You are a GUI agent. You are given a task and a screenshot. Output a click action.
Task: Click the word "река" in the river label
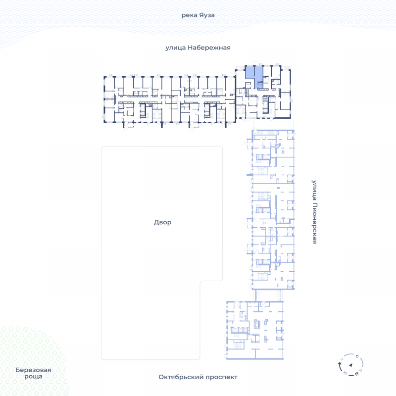point(189,16)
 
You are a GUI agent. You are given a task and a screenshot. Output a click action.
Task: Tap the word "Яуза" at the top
point(206,15)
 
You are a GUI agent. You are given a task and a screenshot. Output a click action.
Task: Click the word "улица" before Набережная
point(176,48)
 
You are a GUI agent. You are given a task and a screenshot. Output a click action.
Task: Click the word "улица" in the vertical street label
point(314,190)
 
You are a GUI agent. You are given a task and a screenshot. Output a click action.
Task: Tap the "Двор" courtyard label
point(163,222)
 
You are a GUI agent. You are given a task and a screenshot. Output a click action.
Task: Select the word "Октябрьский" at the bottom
point(181,377)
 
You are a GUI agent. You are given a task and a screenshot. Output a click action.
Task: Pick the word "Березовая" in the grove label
point(33,370)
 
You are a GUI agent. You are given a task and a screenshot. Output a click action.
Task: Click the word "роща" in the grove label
point(33,377)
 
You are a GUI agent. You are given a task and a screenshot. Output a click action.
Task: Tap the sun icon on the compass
point(357,374)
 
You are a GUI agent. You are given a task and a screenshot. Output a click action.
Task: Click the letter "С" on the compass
point(357,356)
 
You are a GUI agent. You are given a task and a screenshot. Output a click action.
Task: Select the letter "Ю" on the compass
point(346,373)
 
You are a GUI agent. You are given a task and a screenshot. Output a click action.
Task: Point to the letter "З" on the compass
point(342,359)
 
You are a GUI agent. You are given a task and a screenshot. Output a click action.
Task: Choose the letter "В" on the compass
point(361,370)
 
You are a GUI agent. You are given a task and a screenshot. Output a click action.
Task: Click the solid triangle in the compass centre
point(350,365)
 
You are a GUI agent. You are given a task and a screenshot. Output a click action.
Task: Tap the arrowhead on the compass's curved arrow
point(340,363)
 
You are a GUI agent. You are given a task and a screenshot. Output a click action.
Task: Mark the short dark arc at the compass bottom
point(351,375)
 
